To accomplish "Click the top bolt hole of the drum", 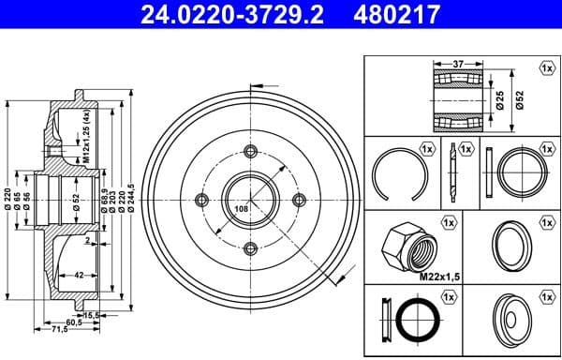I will (x=250, y=152).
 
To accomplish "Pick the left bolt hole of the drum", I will (x=200, y=200).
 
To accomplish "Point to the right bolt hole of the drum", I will (x=299, y=200).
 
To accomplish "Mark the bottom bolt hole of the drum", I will (x=250, y=248).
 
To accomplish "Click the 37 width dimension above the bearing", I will (x=456, y=64).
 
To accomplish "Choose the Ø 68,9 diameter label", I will (x=102, y=198).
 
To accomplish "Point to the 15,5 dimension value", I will (x=93, y=316).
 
